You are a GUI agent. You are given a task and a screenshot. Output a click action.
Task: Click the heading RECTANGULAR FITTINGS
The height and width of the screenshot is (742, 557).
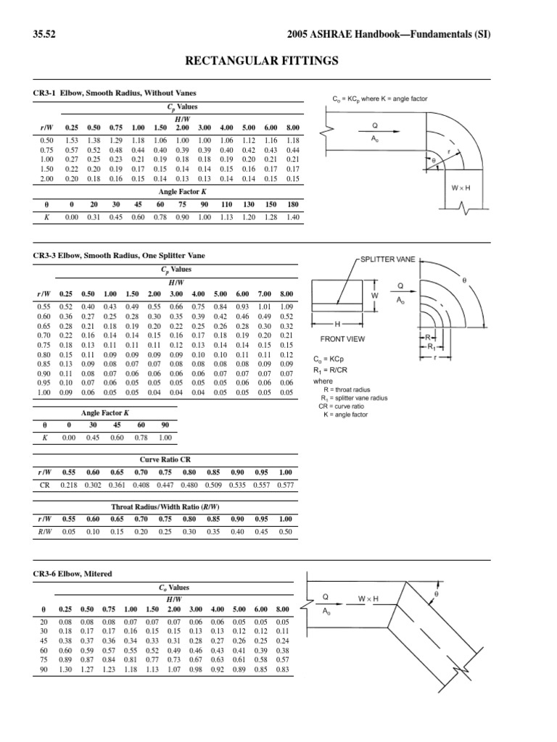(278, 61)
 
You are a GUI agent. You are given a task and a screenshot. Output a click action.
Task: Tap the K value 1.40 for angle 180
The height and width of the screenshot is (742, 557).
(293, 217)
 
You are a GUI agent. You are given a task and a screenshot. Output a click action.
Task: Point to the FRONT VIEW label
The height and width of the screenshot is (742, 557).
(343, 338)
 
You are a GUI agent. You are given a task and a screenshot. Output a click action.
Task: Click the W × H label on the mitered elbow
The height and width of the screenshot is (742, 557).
(368, 598)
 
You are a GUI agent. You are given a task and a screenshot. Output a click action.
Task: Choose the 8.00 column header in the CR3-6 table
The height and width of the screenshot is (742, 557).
(283, 609)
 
